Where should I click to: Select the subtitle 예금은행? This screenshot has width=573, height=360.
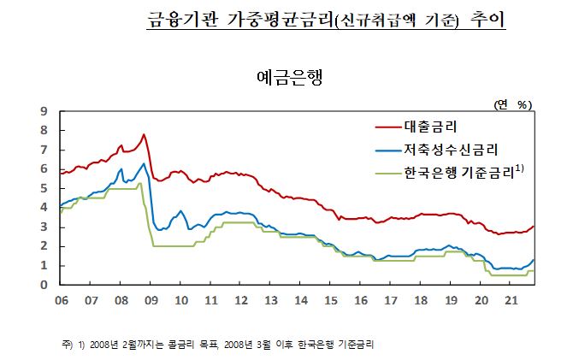tap(287, 75)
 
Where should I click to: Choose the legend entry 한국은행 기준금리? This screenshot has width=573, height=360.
tap(462, 173)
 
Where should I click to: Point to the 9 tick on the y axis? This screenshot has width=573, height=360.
tap(44, 111)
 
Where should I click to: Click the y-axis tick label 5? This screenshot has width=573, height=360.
tap(44, 188)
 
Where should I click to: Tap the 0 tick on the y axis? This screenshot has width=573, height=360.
tap(44, 285)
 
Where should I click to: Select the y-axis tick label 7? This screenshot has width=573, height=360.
tap(44, 150)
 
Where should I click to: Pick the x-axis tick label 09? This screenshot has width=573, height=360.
tap(151, 300)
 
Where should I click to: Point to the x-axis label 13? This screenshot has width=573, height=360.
tap(271, 300)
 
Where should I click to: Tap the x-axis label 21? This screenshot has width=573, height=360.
tap(511, 300)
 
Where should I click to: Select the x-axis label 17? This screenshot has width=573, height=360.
tap(391, 300)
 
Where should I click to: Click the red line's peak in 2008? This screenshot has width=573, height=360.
tap(144, 134)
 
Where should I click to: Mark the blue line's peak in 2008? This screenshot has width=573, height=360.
tap(144, 163)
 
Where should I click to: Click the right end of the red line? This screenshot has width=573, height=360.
tap(534, 227)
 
